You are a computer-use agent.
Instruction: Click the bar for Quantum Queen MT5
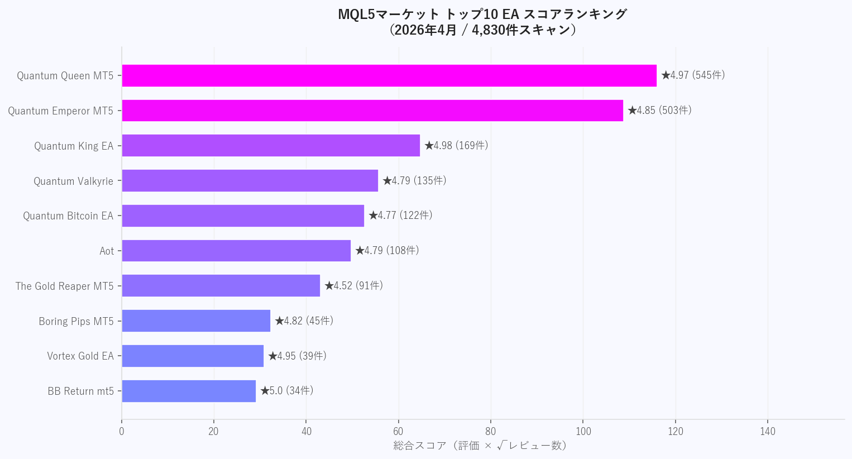pos(389,75)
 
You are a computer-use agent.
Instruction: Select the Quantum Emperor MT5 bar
pos(372,111)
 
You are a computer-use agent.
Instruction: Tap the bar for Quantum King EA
pos(271,146)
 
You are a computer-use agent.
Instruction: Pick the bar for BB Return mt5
pos(189,391)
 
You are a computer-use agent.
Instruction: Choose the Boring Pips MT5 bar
pos(196,321)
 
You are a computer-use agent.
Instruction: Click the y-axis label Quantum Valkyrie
pos(73,181)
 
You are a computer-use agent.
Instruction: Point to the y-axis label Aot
pos(107,251)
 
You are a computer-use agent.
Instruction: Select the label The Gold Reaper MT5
pos(64,286)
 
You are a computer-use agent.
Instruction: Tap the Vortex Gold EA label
pos(80,356)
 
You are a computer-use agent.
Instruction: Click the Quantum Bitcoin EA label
pos(68,216)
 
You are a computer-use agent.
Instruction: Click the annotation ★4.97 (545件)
pos(693,75)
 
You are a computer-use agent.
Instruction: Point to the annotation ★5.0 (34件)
pos(287,391)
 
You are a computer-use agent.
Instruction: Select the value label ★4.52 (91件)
pos(354,286)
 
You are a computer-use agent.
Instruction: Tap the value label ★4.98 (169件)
pos(456,146)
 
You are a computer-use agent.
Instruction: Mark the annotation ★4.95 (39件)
pos(297,356)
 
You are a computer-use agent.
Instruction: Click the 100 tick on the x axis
pos(583,431)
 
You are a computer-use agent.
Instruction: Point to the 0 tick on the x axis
pos(122,431)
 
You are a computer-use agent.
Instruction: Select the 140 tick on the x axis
pos(768,431)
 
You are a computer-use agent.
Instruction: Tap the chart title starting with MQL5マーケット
pos(482,22)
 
